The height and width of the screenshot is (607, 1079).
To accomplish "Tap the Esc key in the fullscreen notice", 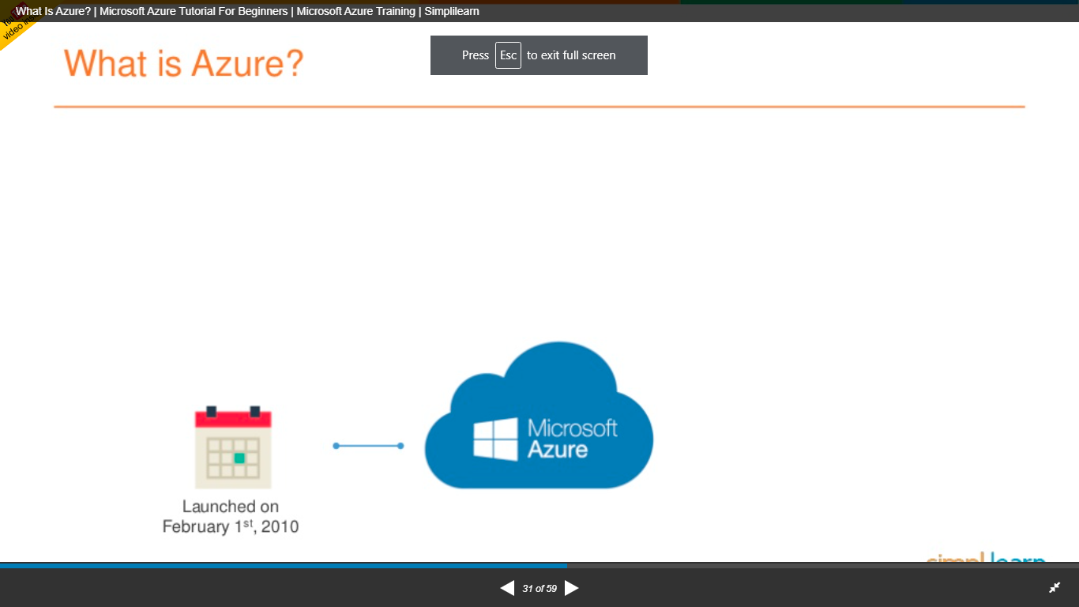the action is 508,55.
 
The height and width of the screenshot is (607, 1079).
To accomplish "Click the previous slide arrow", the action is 507,588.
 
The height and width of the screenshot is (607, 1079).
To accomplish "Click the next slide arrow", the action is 572,588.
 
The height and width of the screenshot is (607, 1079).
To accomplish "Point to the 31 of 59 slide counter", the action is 539,589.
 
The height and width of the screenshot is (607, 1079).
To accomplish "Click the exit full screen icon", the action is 1055,588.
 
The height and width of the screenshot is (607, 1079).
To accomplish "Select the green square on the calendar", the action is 239,458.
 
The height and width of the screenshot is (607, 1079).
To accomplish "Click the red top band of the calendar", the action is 233,420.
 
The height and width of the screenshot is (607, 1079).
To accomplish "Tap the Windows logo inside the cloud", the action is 495,439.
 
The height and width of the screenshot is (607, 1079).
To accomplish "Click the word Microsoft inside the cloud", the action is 572,428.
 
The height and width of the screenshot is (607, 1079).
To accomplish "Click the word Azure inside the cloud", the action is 558,451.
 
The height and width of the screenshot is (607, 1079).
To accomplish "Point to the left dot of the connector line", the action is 336,446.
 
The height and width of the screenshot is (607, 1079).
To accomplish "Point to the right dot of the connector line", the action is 400,446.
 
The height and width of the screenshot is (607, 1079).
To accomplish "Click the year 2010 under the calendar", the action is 280,526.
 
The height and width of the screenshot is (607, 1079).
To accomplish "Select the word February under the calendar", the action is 196,526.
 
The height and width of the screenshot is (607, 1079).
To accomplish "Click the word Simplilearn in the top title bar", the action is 451,11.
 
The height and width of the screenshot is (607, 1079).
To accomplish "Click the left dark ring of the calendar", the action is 211,411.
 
